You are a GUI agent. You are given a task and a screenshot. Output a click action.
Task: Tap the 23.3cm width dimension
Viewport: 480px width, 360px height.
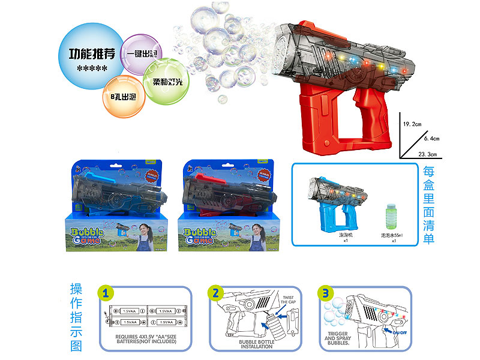(x=428, y=154)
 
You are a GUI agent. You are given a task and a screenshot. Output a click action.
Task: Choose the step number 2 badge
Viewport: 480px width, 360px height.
(x=214, y=293)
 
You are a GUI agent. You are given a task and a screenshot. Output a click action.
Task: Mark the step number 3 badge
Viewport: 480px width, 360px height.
(x=325, y=293)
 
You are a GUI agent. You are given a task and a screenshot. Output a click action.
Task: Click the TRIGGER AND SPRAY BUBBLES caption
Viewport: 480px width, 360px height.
(x=338, y=339)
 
